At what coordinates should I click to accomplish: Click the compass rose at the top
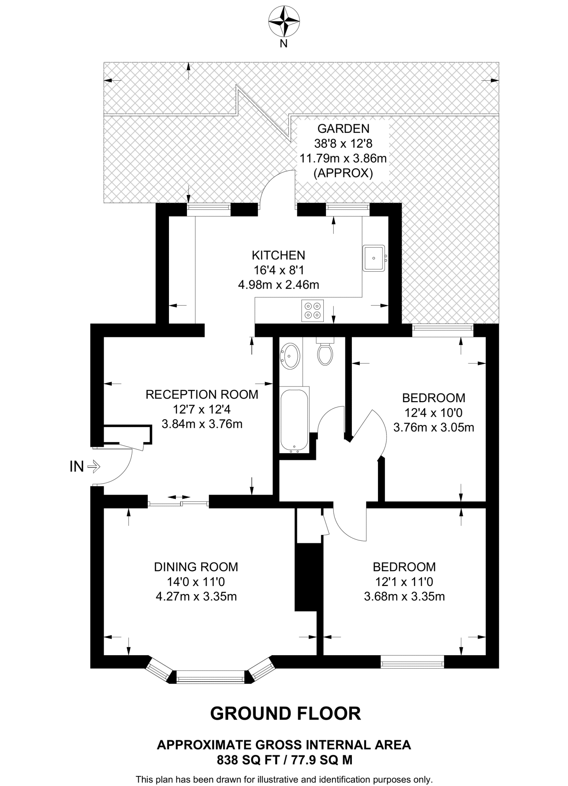click(284, 21)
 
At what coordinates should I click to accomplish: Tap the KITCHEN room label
click(278, 255)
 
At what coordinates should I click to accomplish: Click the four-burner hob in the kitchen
click(312, 310)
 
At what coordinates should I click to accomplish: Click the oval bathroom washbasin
click(290, 356)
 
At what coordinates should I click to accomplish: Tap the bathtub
click(295, 420)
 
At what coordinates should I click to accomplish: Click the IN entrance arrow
click(94, 467)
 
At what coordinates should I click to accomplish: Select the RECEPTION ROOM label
click(202, 395)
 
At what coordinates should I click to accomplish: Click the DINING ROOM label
click(196, 567)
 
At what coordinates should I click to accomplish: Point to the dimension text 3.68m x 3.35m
click(404, 597)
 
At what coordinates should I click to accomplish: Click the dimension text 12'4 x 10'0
click(434, 413)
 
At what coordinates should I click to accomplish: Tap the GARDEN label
click(343, 129)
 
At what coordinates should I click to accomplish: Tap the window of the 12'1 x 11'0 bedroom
click(412, 662)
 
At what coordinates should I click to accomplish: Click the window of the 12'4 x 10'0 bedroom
click(443, 330)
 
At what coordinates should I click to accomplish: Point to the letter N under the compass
click(283, 44)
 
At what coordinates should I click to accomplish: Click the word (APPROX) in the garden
click(343, 173)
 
